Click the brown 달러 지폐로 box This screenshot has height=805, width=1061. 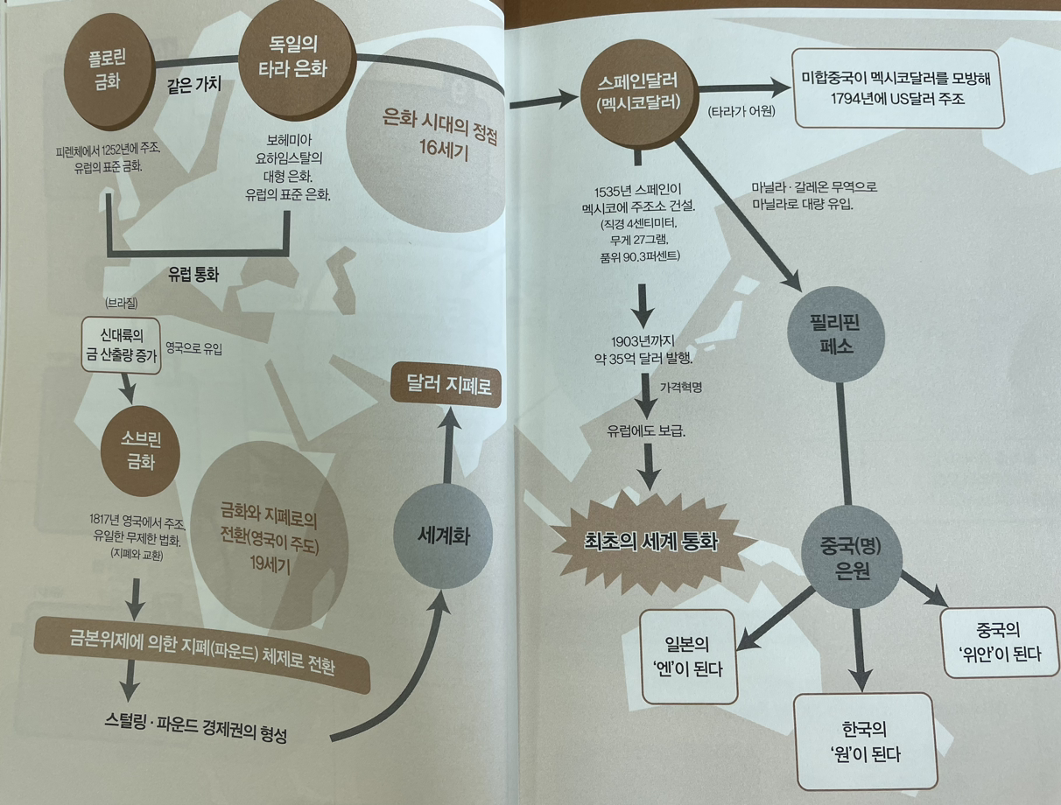(x=446, y=385)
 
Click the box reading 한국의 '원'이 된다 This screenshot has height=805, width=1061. (x=865, y=739)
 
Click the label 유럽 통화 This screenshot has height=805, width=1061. (x=193, y=273)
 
